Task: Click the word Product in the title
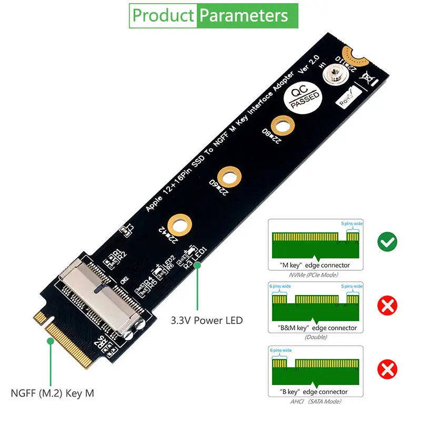pos(163,15)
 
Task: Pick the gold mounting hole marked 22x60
pos(229,174)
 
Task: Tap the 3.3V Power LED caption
pos(207,320)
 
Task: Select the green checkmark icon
pos(387,242)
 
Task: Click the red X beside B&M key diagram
pos(387,305)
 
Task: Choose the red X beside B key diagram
pos(387,369)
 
